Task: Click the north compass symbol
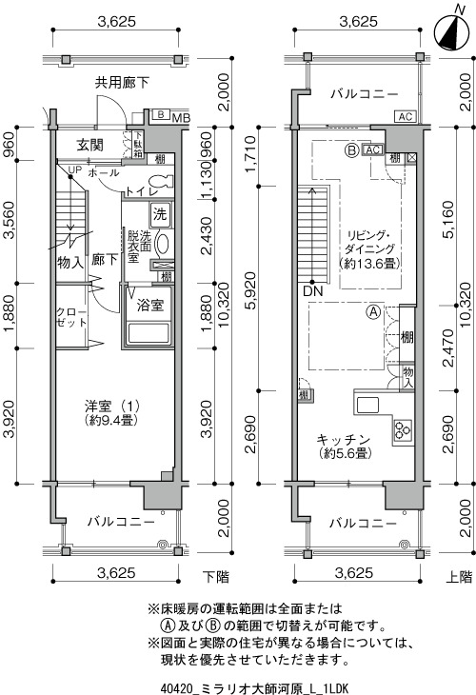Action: click(451, 30)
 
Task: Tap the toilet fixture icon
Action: click(160, 182)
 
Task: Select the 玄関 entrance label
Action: click(90, 145)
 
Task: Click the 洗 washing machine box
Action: click(160, 214)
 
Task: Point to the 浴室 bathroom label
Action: click(149, 305)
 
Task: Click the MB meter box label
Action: click(181, 118)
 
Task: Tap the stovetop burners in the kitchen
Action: click(403, 429)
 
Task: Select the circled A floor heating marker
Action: click(373, 311)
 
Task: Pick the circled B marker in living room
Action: click(352, 150)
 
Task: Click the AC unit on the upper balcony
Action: click(406, 116)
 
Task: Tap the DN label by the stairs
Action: click(313, 291)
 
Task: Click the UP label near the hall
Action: click(75, 169)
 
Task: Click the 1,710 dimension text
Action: click(250, 154)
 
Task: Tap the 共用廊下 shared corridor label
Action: click(122, 83)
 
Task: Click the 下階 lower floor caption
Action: click(216, 577)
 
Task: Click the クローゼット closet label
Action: click(70, 316)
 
